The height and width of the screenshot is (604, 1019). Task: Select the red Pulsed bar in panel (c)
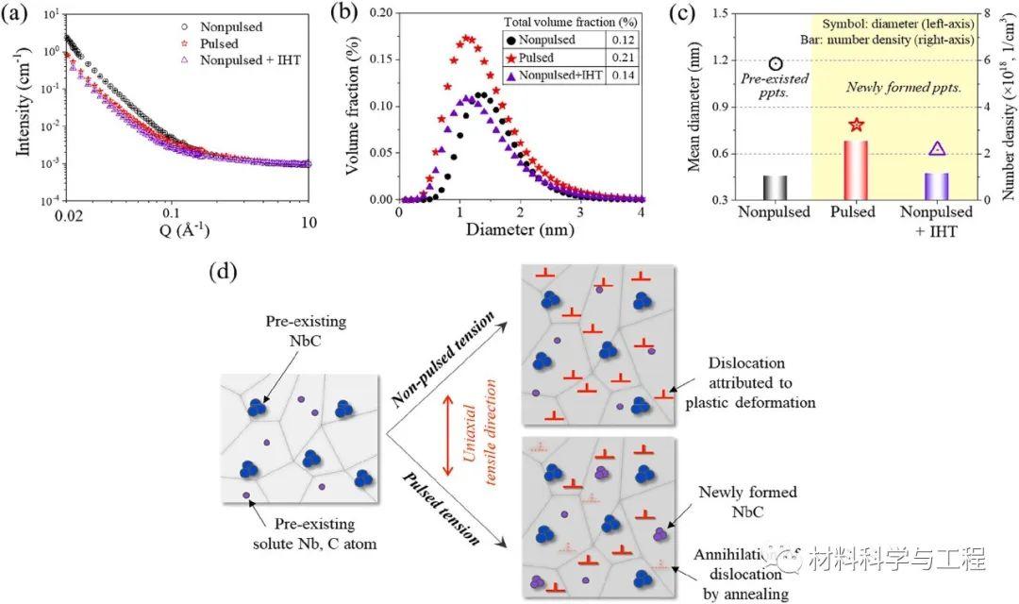point(856,170)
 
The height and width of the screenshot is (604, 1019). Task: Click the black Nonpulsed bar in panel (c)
point(774,187)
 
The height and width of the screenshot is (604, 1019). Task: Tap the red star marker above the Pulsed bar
point(856,125)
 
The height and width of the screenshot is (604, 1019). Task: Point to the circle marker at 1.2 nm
point(775,63)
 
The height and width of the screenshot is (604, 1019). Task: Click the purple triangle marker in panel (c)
point(937,148)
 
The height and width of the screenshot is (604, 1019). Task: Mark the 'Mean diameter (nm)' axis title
point(691,104)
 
